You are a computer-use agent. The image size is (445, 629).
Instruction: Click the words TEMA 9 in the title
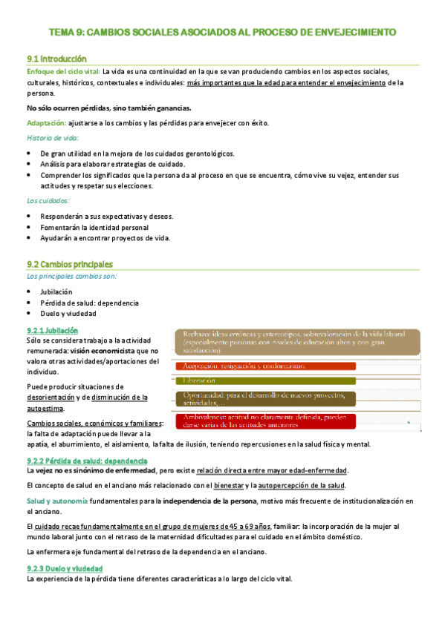66,32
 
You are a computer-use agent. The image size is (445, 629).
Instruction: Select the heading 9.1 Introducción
56,59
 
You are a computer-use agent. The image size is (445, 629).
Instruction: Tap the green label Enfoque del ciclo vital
62,72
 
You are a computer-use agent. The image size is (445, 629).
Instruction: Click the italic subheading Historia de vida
51,138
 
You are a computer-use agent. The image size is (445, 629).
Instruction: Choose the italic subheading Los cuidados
48,200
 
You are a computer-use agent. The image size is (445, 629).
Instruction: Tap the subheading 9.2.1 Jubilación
52,330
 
